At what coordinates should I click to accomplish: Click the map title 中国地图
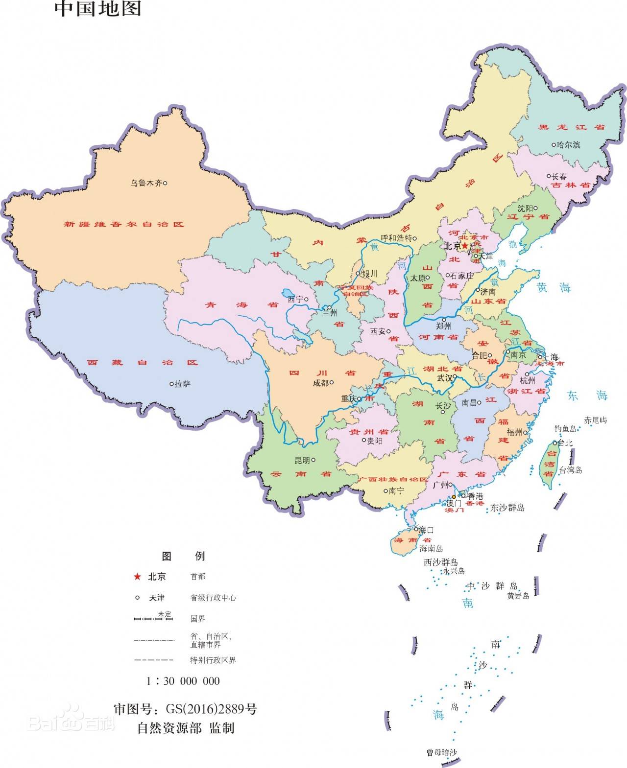[x=98, y=8]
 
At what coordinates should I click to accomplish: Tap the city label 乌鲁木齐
[x=146, y=183]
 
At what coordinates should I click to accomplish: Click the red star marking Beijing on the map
[x=465, y=246]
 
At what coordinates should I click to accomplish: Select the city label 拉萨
[x=182, y=384]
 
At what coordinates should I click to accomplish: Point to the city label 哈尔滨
[x=568, y=145]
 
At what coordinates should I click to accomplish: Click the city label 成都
[x=321, y=383]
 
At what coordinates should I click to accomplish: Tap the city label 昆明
[x=302, y=460]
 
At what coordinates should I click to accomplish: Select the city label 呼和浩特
[x=396, y=238]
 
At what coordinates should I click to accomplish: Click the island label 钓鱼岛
[x=565, y=429]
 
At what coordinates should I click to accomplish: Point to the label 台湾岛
[x=571, y=470]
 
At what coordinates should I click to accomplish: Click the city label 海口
[x=426, y=530]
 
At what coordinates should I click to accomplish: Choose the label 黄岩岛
[x=518, y=596]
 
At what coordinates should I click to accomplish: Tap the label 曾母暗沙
[x=442, y=752]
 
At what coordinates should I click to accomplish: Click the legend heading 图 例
[x=183, y=556]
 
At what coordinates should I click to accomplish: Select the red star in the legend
[x=137, y=577]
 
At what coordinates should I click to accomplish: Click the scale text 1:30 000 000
[x=183, y=681]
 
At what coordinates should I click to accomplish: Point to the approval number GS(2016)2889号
[x=211, y=709]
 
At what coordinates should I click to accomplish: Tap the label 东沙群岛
[x=507, y=508]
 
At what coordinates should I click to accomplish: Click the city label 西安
[x=378, y=331]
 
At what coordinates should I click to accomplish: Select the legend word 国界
[x=198, y=619]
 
